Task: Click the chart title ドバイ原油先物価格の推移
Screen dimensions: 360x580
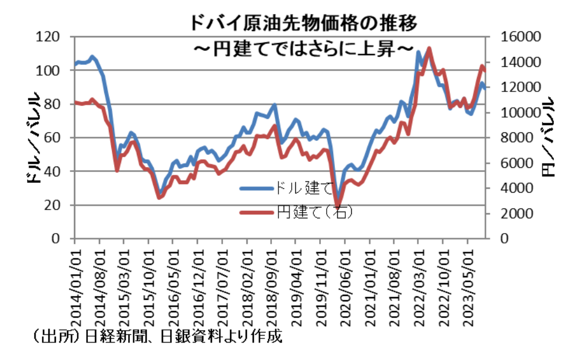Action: (302, 23)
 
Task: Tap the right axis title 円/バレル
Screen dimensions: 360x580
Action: (548, 137)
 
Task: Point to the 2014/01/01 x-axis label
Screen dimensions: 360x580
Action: (76, 285)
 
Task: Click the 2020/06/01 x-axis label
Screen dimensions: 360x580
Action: (346, 285)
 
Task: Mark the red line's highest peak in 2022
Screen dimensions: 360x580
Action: (429, 48)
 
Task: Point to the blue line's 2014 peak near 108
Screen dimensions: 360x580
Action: (93, 57)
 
